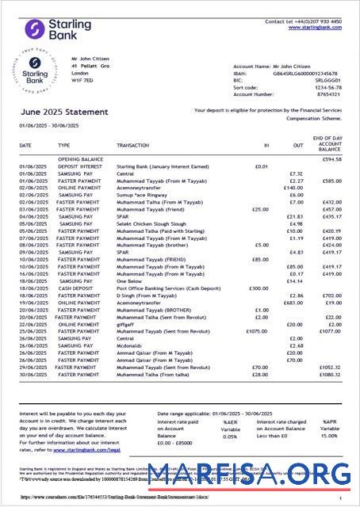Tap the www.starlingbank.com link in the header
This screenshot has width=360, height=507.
coord(315,28)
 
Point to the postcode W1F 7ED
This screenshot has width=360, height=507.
coord(82,80)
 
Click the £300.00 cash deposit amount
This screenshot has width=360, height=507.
coord(259,288)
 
